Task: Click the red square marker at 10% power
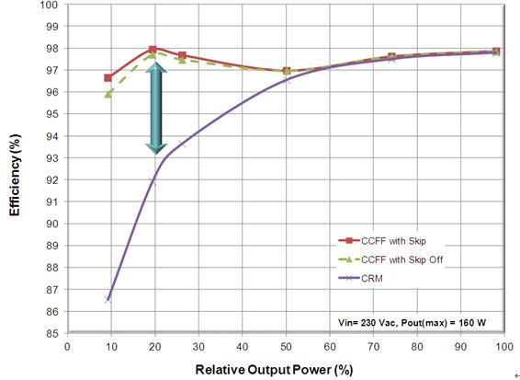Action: click(x=107, y=78)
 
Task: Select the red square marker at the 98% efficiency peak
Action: click(x=153, y=50)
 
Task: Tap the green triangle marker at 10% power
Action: click(x=107, y=95)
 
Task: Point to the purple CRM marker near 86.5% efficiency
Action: click(x=107, y=300)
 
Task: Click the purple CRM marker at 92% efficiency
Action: click(x=153, y=181)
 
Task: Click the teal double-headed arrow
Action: click(x=156, y=109)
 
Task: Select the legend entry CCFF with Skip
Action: click(x=382, y=241)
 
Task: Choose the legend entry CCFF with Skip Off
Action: click(x=390, y=259)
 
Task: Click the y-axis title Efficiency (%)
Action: click(x=15, y=175)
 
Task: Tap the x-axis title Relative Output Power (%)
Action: click(x=274, y=370)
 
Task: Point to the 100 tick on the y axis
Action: click(x=53, y=5)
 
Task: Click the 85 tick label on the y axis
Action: click(x=55, y=333)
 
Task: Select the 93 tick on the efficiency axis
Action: click(x=55, y=157)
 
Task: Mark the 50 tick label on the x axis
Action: click(x=286, y=347)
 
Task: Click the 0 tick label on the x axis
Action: click(x=67, y=347)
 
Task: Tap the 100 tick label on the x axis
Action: click(x=503, y=347)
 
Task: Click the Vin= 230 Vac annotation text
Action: click(x=367, y=322)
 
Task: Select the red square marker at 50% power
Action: click(x=287, y=71)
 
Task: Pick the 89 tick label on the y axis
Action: click(x=55, y=246)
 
